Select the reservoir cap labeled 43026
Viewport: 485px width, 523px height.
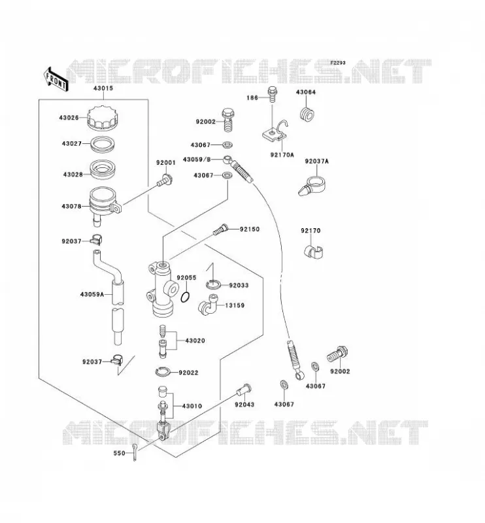point(102,118)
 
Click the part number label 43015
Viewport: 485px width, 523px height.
point(103,88)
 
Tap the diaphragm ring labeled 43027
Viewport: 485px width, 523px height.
point(103,144)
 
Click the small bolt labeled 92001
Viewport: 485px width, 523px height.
point(165,180)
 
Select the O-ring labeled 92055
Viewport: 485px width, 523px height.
point(186,297)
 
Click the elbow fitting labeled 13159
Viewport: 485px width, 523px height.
point(207,305)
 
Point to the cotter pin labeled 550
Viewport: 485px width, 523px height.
point(134,452)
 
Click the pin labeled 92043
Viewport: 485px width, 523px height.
point(244,389)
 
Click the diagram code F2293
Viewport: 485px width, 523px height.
point(337,63)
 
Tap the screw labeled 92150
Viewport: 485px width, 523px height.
point(220,230)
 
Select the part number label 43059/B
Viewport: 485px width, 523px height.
point(197,160)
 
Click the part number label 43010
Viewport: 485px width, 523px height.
point(192,406)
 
